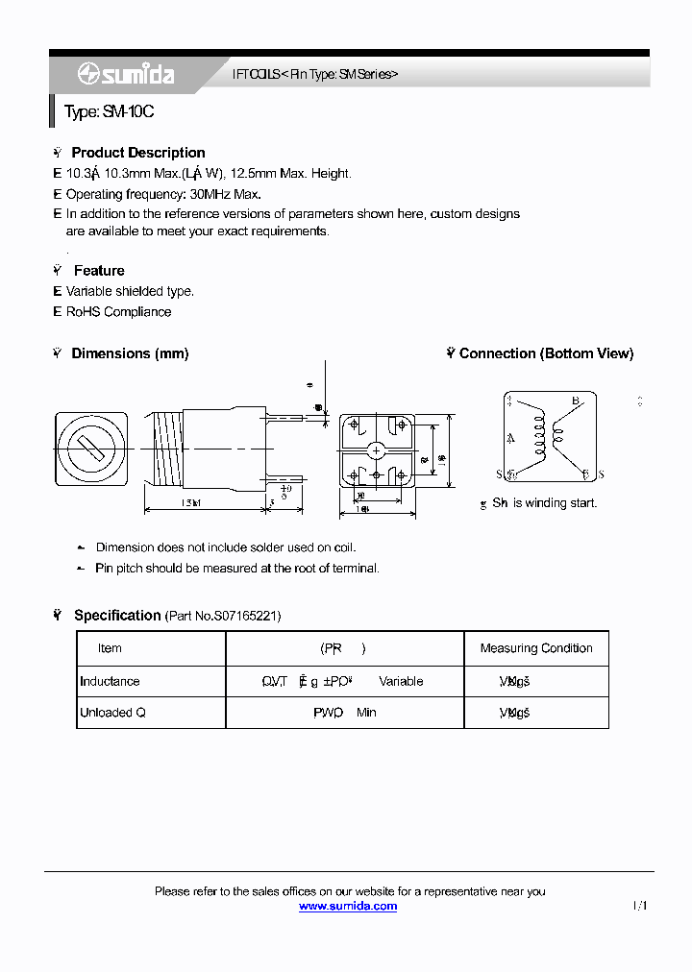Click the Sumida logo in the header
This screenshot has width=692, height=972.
112,74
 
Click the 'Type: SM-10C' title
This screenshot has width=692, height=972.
109,112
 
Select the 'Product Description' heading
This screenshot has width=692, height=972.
138,153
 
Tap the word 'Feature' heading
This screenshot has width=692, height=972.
99,271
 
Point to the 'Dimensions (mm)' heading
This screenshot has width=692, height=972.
130,353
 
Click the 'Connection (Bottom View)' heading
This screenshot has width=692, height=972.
546,353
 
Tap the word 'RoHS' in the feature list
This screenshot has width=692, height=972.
83,312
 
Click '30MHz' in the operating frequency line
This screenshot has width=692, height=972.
197,194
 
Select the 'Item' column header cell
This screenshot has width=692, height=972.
110,648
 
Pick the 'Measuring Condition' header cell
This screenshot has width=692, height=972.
536,648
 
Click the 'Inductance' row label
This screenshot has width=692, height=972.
110,681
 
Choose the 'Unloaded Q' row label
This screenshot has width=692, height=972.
112,713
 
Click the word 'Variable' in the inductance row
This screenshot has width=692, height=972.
401,681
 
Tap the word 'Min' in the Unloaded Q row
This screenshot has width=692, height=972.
366,713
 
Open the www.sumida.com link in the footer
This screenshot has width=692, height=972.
348,906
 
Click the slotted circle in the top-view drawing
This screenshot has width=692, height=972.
90,448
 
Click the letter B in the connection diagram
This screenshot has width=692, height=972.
575,401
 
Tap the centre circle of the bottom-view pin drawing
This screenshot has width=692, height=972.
377,450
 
